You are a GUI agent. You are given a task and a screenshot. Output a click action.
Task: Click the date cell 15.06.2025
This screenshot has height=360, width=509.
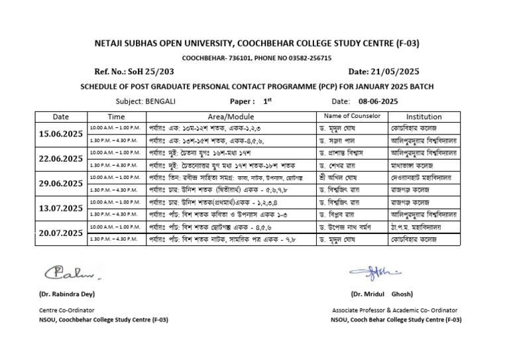(x=61, y=133)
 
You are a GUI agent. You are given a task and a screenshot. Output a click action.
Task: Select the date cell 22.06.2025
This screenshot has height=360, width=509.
(x=61, y=158)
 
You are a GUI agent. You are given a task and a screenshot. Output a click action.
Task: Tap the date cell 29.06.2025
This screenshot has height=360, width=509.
(x=61, y=183)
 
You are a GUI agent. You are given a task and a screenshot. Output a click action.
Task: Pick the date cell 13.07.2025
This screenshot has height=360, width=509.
(x=61, y=208)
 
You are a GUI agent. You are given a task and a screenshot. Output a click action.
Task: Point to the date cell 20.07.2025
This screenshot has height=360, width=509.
(x=61, y=233)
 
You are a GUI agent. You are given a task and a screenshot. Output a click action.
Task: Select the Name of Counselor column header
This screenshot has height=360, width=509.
(x=351, y=116)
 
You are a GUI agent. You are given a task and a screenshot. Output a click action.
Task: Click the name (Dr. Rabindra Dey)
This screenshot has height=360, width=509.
(x=63, y=293)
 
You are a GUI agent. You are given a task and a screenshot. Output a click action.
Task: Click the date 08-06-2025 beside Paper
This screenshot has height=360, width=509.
(x=374, y=101)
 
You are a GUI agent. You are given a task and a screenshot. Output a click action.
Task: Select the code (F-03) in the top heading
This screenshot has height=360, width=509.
(x=405, y=44)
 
